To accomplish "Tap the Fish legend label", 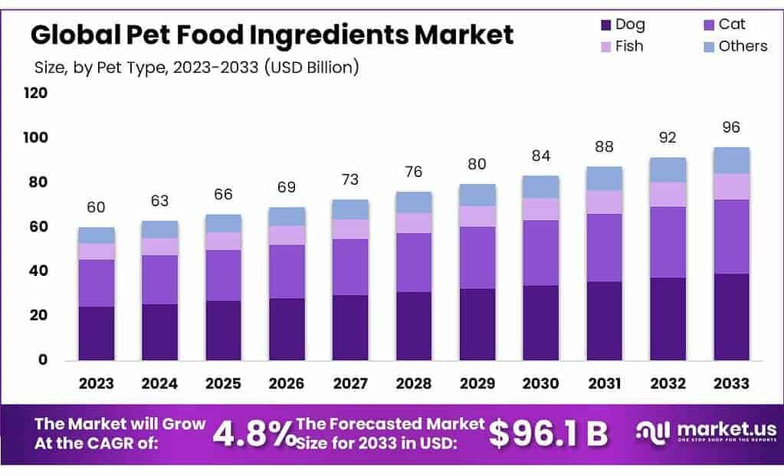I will pos(629,46).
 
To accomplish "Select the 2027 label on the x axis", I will pos(350,383).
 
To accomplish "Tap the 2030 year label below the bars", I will pos(541,383).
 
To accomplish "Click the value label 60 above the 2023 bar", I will pos(96,207).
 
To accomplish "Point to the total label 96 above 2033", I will pos(731,127).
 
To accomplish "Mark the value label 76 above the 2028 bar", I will pos(414,171).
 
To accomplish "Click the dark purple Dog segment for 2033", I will pos(731,317).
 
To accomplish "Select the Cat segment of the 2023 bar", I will pos(96,283).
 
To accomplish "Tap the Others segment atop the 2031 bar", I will pos(605,178).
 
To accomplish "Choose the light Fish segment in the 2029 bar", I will pos(477,216).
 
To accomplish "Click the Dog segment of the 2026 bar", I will pos(287,329).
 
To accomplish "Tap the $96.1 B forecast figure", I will pos(548,434).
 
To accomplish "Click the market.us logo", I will pos(705,432).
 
